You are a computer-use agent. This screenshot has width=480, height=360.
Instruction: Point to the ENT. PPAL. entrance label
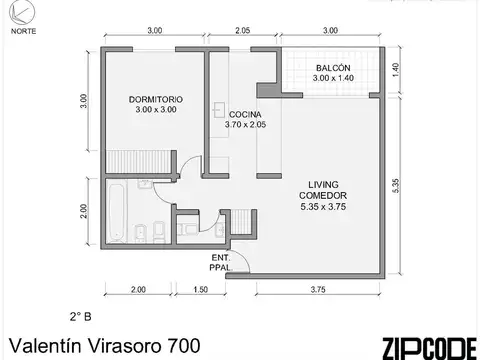click(220, 264)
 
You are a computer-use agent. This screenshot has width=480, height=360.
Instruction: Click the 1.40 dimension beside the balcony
click(395, 69)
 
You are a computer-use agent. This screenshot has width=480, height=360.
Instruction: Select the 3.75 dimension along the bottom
click(319, 290)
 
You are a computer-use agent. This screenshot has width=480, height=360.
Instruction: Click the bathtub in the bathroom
click(113, 213)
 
